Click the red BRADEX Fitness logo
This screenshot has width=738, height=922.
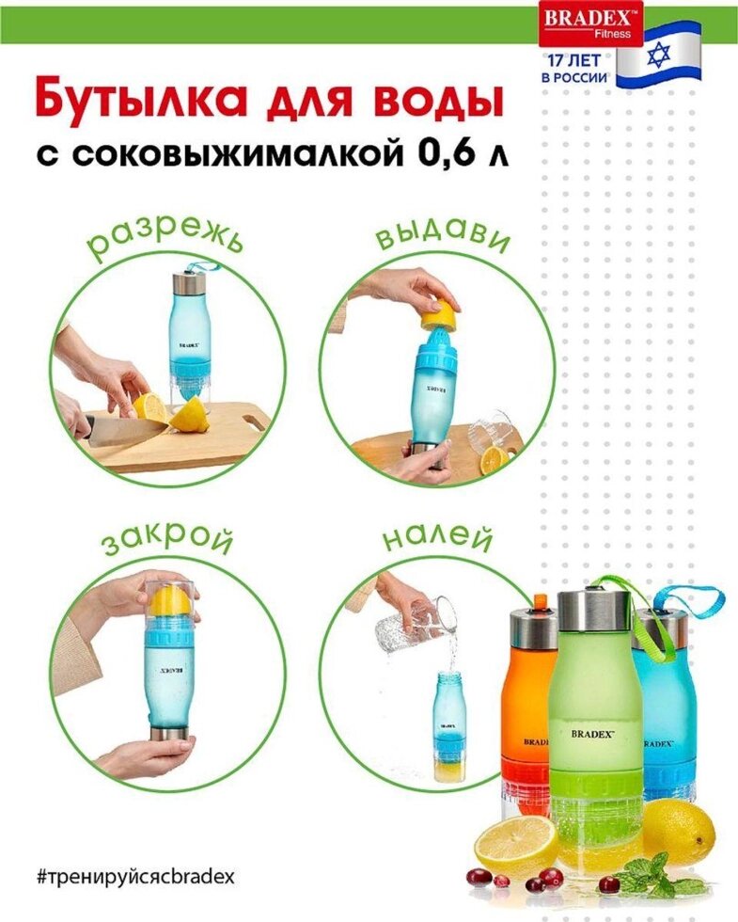pyautogui.click(x=590, y=24)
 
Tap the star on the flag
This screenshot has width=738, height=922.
pyautogui.click(x=658, y=56)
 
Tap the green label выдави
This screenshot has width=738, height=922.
pyautogui.click(x=442, y=237)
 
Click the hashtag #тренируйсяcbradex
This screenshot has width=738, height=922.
pyautogui.click(x=135, y=877)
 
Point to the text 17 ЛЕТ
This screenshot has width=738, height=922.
pyautogui.click(x=574, y=60)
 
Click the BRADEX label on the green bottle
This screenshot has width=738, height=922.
pyautogui.click(x=592, y=733)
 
